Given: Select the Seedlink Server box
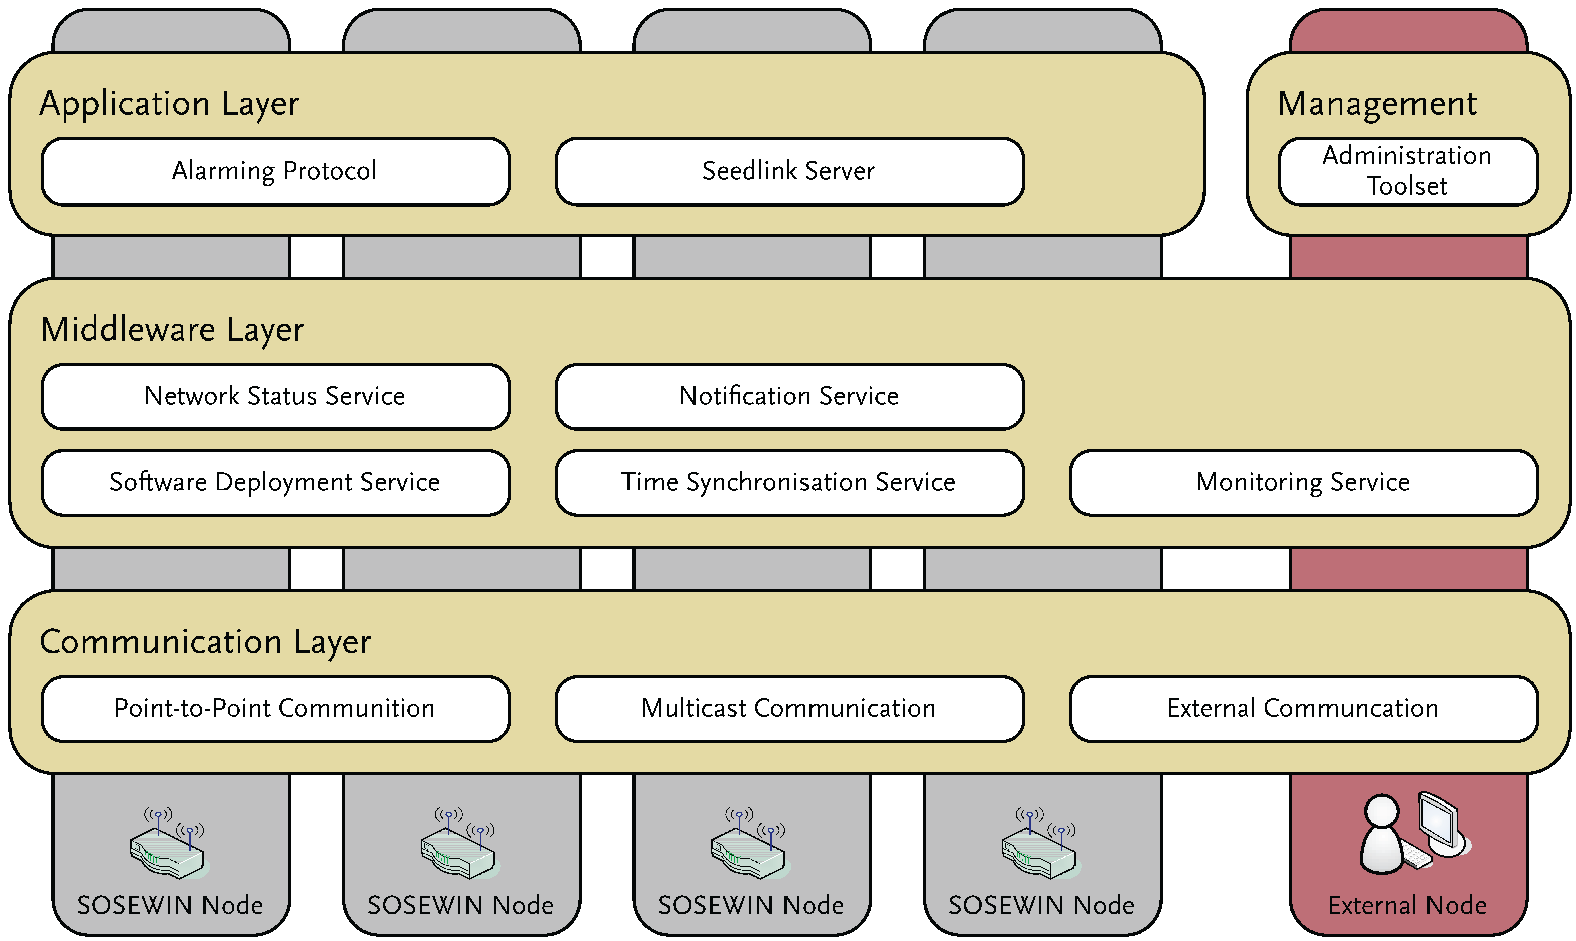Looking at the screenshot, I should point(789,171).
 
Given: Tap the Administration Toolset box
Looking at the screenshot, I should point(1407,171).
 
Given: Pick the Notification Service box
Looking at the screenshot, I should point(789,396).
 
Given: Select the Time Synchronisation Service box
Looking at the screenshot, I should point(789,483).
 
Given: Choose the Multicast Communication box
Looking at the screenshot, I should point(789,708).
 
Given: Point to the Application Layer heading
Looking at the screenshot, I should point(169,103).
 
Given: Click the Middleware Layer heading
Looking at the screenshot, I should point(173,330).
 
